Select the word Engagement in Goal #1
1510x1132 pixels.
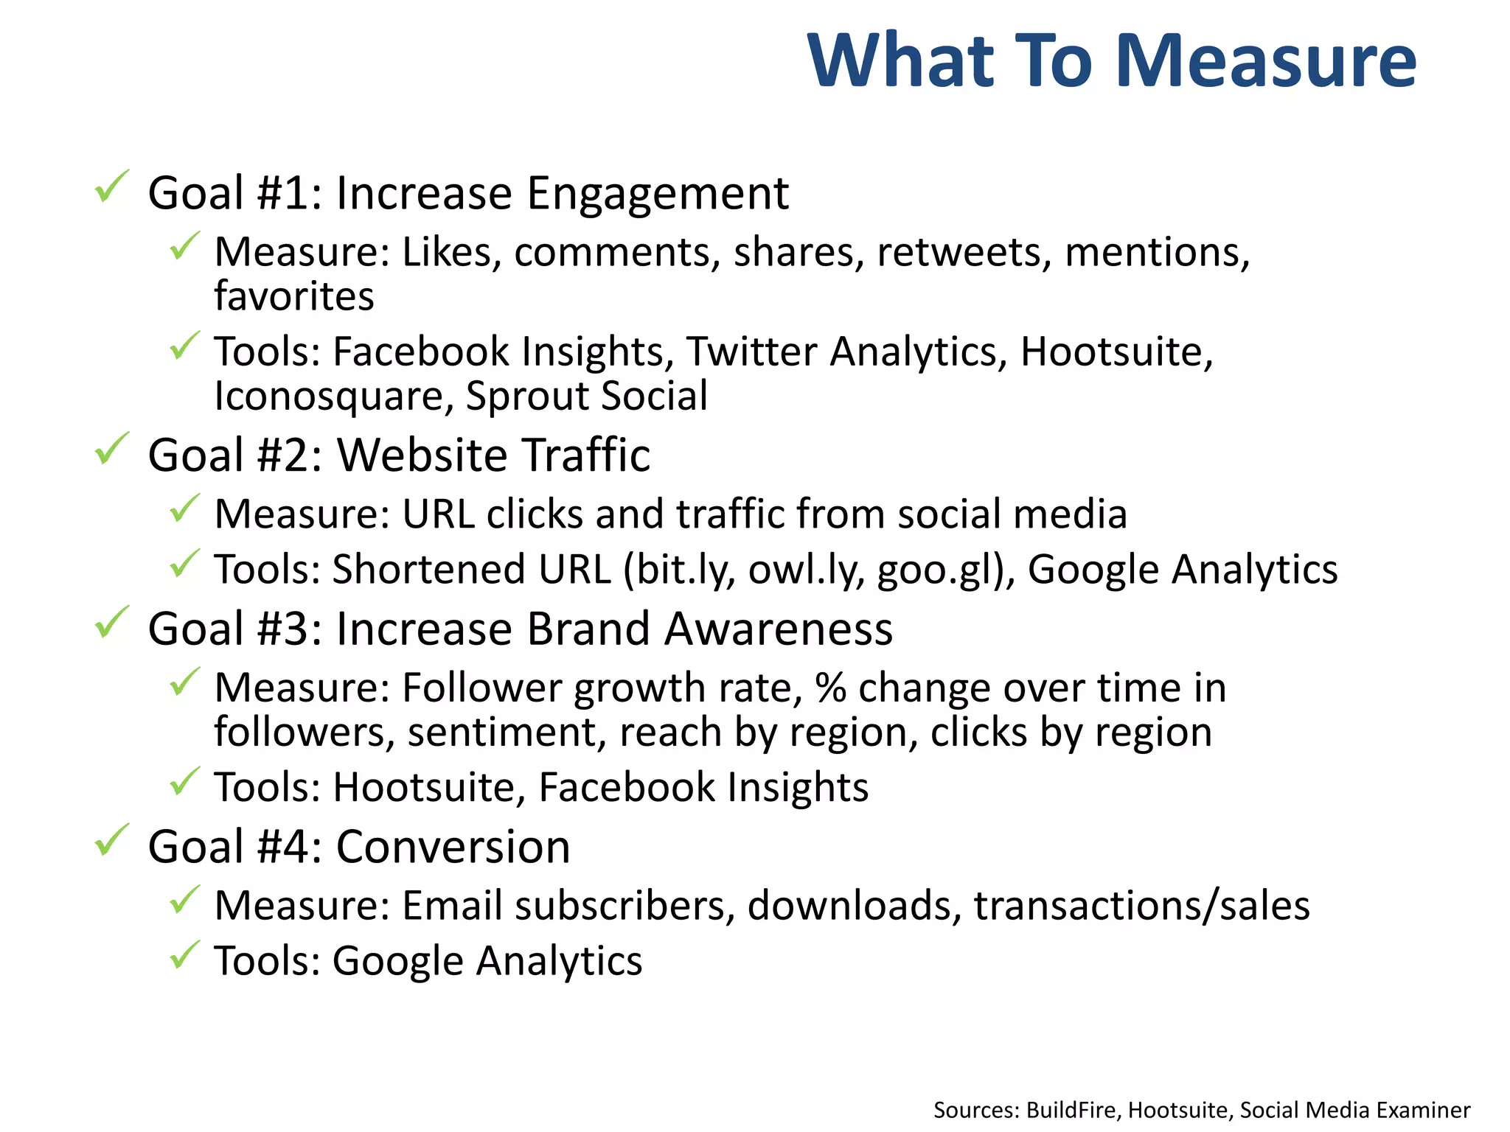(x=657, y=195)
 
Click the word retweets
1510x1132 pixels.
(x=964, y=252)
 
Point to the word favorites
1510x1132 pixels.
(x=293, y=296)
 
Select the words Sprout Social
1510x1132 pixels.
(x=586, y=396)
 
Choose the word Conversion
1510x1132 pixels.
(x=453, y=847)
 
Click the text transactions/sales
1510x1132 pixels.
(x=1141, y=906)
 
